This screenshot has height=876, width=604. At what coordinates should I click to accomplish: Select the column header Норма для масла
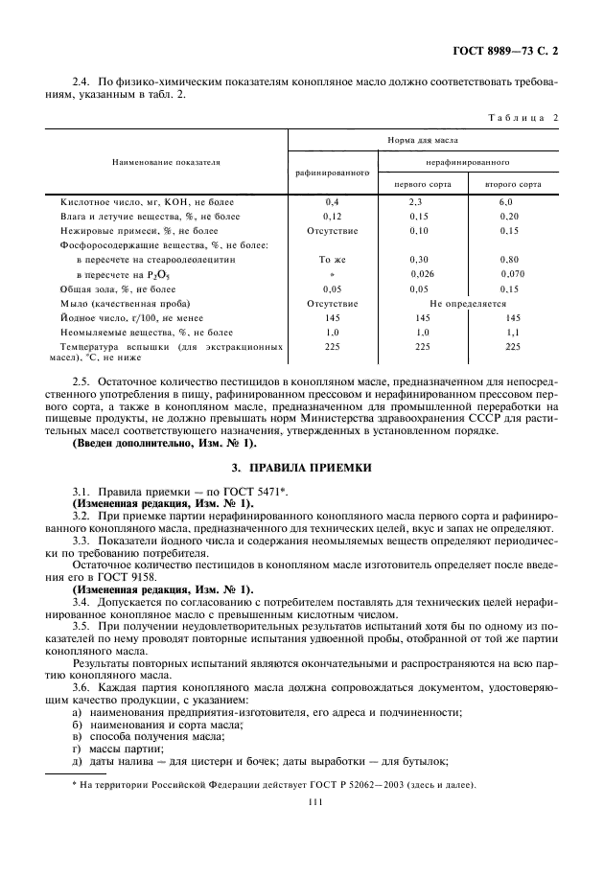tap(423, 139)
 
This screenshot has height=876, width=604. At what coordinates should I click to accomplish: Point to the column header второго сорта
tap(512, 183)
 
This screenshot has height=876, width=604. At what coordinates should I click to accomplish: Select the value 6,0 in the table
tap(505, 202)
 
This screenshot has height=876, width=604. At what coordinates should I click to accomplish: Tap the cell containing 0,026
tap(421, 274)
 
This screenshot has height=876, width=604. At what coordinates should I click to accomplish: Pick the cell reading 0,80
tap(509, 260)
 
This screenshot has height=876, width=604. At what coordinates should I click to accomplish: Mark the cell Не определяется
tap(467, 303)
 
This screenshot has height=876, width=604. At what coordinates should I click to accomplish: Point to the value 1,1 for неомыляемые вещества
tap(512, 332)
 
